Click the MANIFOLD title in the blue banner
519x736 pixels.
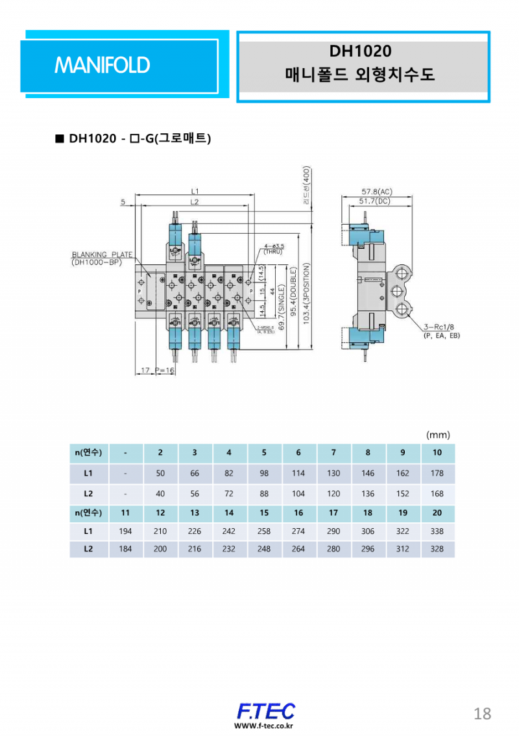point(103,65)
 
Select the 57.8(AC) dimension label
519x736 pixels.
point(378,192)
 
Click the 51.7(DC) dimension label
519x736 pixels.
point(378,202)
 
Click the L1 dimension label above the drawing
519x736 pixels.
point(195,192)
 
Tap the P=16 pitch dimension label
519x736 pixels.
point(165,370)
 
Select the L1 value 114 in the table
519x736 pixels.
point(298,474)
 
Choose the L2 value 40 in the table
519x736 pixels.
point(160,494)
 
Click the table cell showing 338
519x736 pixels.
point(437,531)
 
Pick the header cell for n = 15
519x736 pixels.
point(264,513)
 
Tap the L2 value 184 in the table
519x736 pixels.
point(126,549)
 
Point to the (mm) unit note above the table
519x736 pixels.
point(438,435)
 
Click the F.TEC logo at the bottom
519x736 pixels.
point(265,710)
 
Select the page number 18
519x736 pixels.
point(482,714)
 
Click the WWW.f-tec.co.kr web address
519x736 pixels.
point(265,726)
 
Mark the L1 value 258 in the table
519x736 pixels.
point(264,531)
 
